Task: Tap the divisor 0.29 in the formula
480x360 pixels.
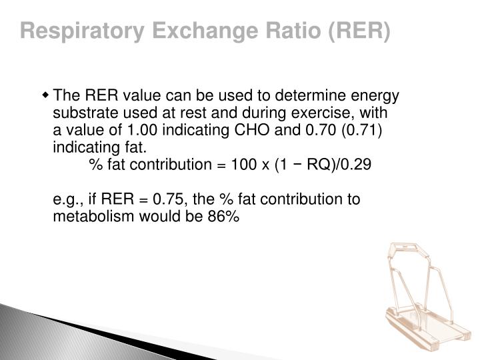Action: [353, 165]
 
